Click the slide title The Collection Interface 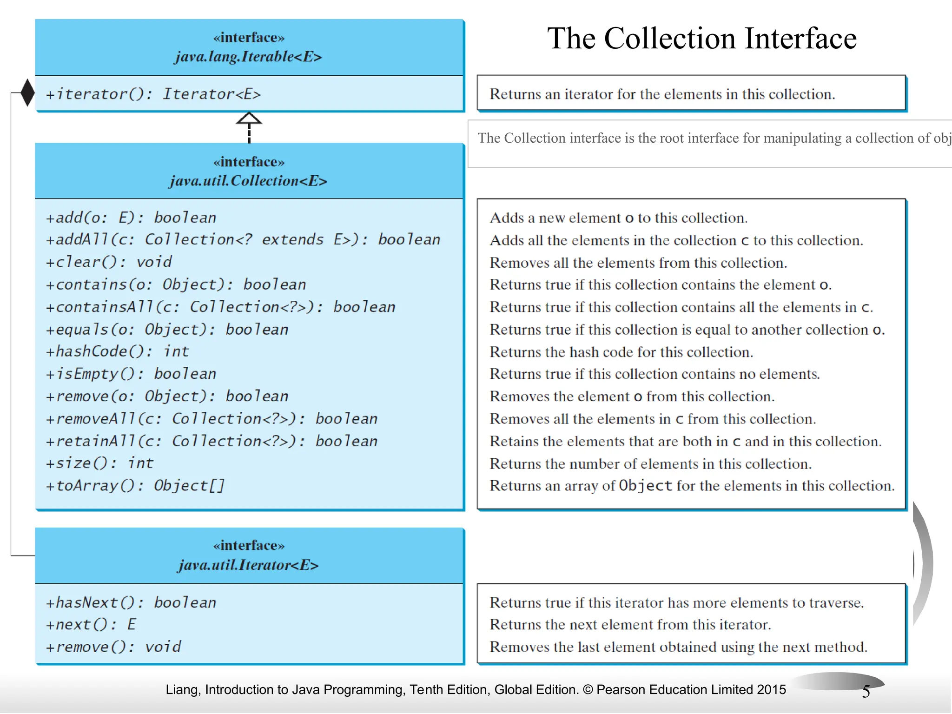(x=702, y=38)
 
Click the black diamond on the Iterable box (x=27, y=93)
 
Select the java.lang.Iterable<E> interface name (x=248, y=57)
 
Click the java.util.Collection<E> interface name (x=248, y=181)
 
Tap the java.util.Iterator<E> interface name (x=248, y=565)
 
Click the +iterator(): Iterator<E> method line (x=153, y=94)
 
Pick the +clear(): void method (x=109, y=262)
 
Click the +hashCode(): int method (x=117, y=352)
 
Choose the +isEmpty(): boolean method (x=131, y=374)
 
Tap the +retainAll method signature (x=212, y=442)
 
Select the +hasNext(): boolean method (x=131, y=603)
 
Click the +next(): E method (x=91, y=625)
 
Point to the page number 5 (x=866, y=692)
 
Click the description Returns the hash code (x=621, y=352)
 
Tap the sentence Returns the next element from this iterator (x=630, y=625)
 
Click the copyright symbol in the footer (x=588, y=690)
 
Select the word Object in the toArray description (x=646, y=486)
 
